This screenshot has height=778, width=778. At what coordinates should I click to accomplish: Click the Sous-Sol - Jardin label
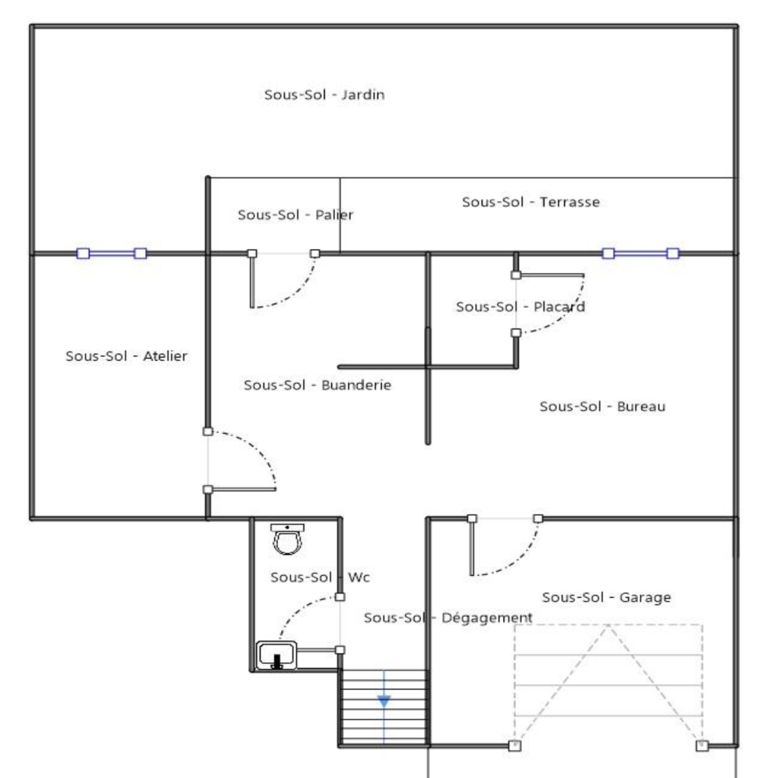tap(324, 94)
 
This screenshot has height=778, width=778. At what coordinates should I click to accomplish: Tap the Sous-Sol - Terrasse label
tap(530, 202)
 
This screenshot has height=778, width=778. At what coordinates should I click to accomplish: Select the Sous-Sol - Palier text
tap(295, 214)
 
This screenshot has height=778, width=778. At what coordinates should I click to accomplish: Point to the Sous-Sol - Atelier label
tap(126, 356)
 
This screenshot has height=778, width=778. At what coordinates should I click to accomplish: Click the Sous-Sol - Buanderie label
tap(318, 385)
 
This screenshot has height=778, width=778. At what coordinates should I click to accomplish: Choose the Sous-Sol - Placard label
tap(520, 307)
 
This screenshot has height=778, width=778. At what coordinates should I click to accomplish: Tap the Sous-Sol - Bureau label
tap(602, 407)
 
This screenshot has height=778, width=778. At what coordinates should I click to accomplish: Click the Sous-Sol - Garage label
tap(606, 597)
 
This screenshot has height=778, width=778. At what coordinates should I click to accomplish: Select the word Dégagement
tap(487, 618)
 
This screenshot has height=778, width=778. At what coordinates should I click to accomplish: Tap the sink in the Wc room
tap(277, 655)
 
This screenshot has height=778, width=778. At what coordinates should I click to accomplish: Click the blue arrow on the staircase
tap(384, 701)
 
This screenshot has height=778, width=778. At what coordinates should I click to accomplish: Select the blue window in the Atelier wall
tap(112, 253)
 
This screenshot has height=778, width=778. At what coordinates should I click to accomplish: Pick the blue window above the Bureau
tap(640, 253)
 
